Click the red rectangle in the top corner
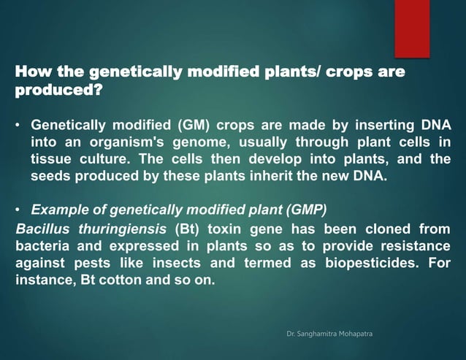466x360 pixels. point(412,28)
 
